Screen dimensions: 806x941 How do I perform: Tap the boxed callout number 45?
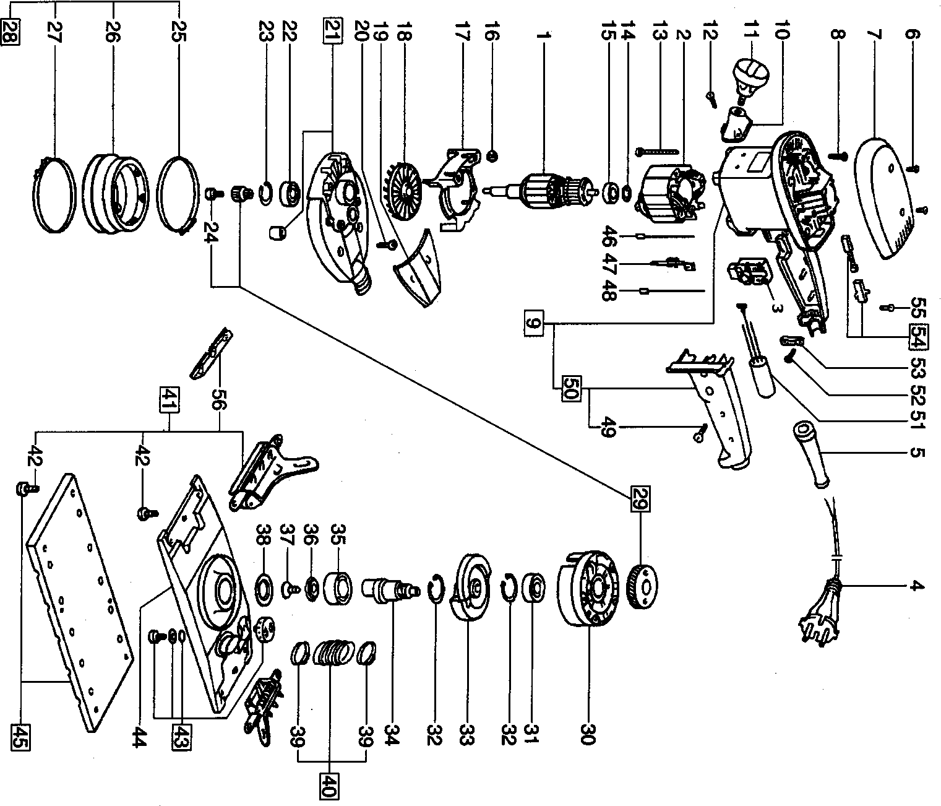[x=18, y=736]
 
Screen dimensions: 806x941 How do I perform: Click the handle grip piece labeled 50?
[x=711, y=409]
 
